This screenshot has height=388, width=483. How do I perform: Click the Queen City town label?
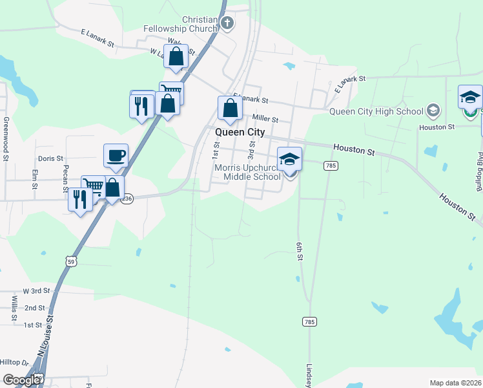pyautogui.click(x=239, y=132)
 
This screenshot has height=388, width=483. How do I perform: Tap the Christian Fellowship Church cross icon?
pyautogui.click(x=227, y=24)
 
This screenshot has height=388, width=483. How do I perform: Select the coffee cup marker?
pyautogui.click(x=116, y=156)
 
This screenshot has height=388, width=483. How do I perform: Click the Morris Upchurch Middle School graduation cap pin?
pyautogui.click(x=289, y=159)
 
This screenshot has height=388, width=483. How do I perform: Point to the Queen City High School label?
pyautogui.click(x=376, y=111)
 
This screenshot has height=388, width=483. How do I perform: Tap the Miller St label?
pyautogui.click(x=265, y=119)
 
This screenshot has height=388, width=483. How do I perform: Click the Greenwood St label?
pyautogui.click(x=6, y=138)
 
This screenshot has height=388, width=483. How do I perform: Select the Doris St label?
pyautogui.click(x=50, y=158)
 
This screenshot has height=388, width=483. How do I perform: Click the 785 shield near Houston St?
pyautogui.click(x=331, y=166)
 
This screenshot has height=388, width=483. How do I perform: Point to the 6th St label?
pyautogui.click(x=300, y=252)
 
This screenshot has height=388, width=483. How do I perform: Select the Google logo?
pyautogui.click(x=22, y=380)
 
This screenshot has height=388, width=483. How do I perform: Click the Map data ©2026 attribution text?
pyautogui.click(x=455, y=383)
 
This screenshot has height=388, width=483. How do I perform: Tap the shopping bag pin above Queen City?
pyautogui.click(x=230, y=108)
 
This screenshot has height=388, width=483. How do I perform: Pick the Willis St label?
pyautogui.click(x=14, y=308)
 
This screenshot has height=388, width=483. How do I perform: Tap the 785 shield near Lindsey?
pyautogui.click(x=309, y=321)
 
